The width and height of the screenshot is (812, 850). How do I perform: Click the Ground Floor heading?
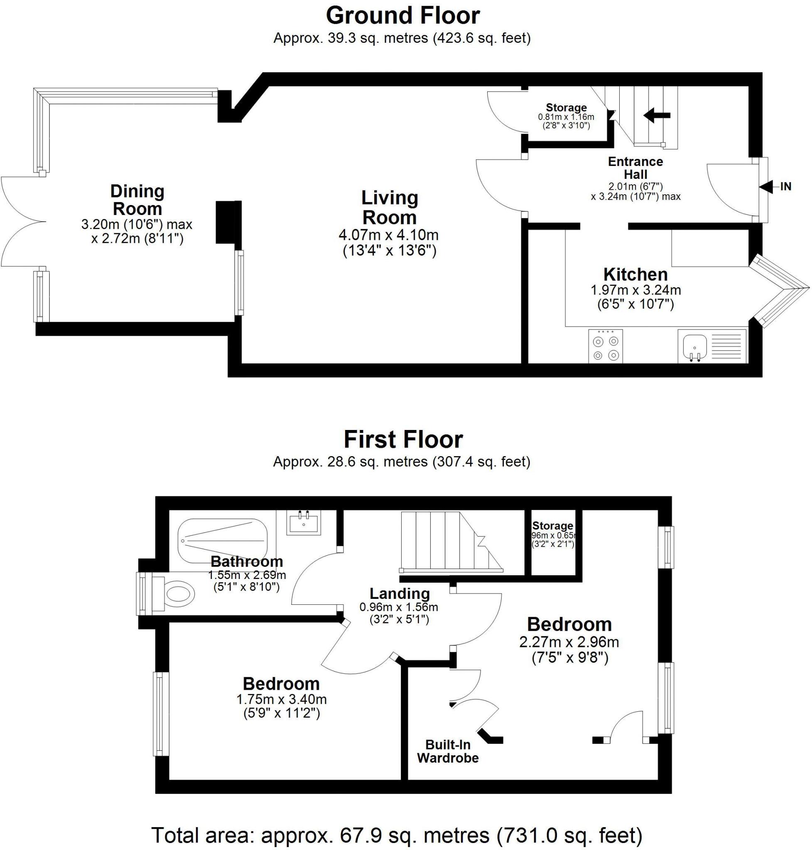tap(402, 16)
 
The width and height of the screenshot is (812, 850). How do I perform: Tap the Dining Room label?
tap(137, 200)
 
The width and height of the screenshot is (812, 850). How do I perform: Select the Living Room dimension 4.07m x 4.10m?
tap(388, 235)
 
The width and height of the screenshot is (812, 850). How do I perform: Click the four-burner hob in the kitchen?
tap(606, 346)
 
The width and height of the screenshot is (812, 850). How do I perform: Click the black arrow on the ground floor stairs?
tap(657, 115)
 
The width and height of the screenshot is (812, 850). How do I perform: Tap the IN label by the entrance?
tap(785, 186)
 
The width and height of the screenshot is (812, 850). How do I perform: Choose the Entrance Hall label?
tap(635, 168)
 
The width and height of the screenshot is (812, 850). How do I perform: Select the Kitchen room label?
tap(635, 274)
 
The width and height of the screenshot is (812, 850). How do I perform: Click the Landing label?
tap(400, 594)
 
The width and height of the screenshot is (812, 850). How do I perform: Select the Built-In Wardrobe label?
tap(448, 751)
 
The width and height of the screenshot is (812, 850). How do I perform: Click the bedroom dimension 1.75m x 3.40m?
tap(281, 699)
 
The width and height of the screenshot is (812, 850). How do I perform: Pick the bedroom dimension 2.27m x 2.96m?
tap(569, 642)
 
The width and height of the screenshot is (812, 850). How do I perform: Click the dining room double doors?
tap(24, 222)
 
